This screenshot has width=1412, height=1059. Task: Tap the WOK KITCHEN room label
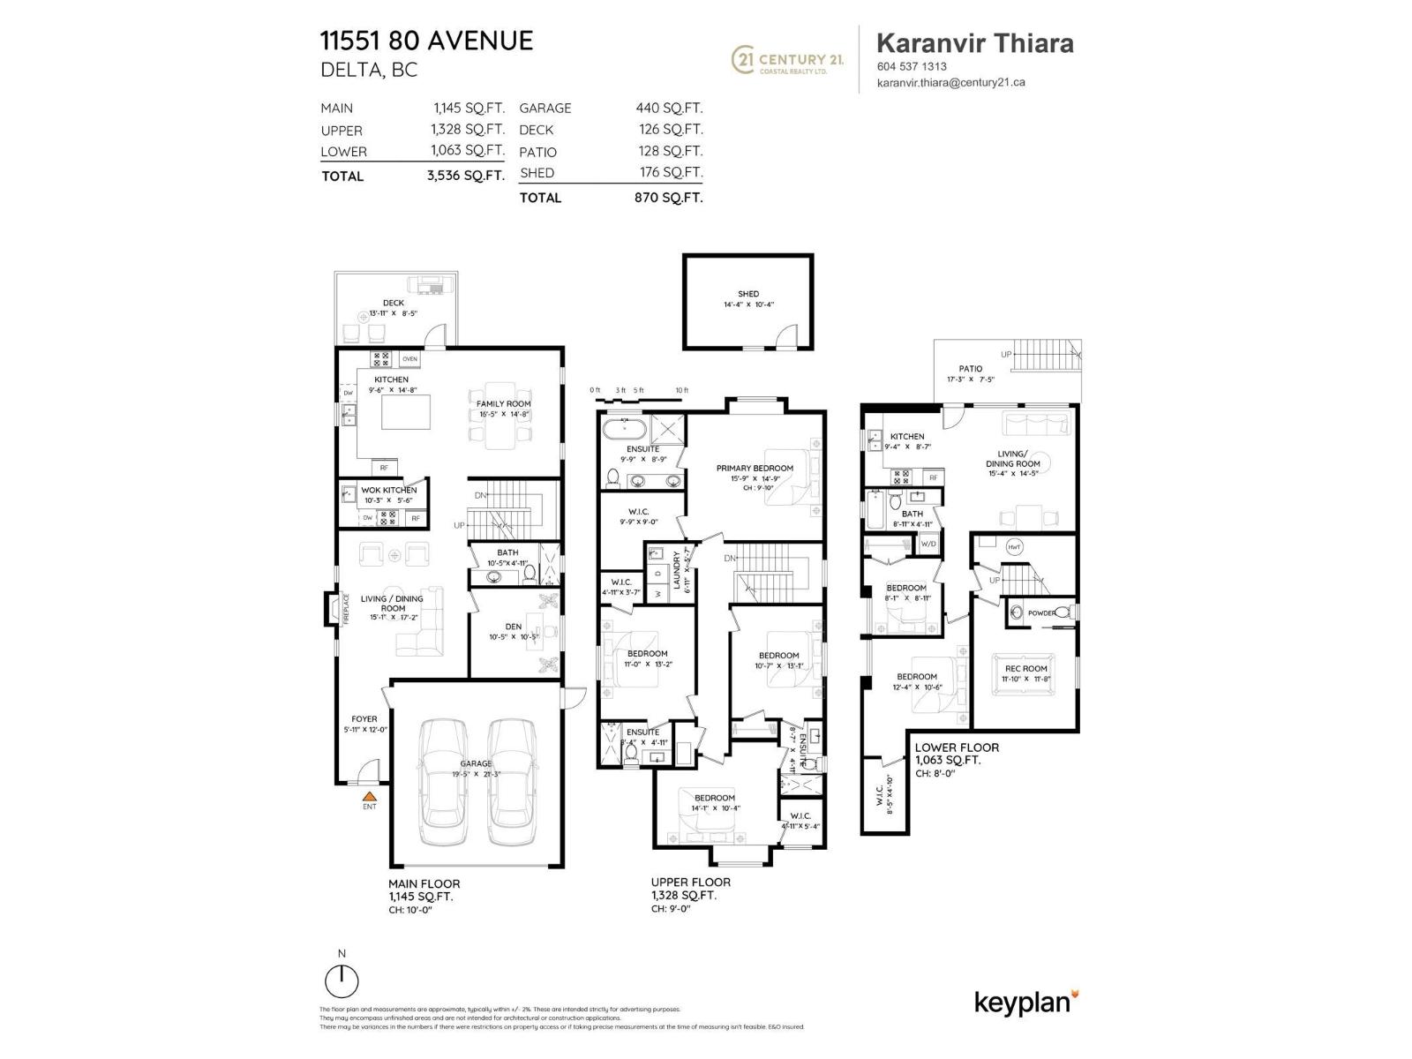(388, 490)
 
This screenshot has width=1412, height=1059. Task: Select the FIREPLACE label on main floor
(345, 610)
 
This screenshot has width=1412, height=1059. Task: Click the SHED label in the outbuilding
(748, 294)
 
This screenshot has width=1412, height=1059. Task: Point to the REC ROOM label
(1025, 669)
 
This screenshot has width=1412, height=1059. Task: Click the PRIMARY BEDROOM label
(755, 469)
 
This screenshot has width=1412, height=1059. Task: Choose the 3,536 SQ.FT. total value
(465, 176)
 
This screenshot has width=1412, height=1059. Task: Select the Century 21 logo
(788, 60)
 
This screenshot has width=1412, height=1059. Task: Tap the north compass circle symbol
(342, 981)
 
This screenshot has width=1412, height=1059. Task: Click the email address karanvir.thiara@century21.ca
(950, 83)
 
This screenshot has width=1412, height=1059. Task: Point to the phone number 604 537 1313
(912, 66)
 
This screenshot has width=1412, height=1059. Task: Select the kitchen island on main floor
(406, 412)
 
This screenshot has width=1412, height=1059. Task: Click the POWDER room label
(1041, 612)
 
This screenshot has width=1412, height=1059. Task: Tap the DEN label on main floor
(513, 627)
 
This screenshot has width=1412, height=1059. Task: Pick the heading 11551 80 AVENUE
(426, 41)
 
